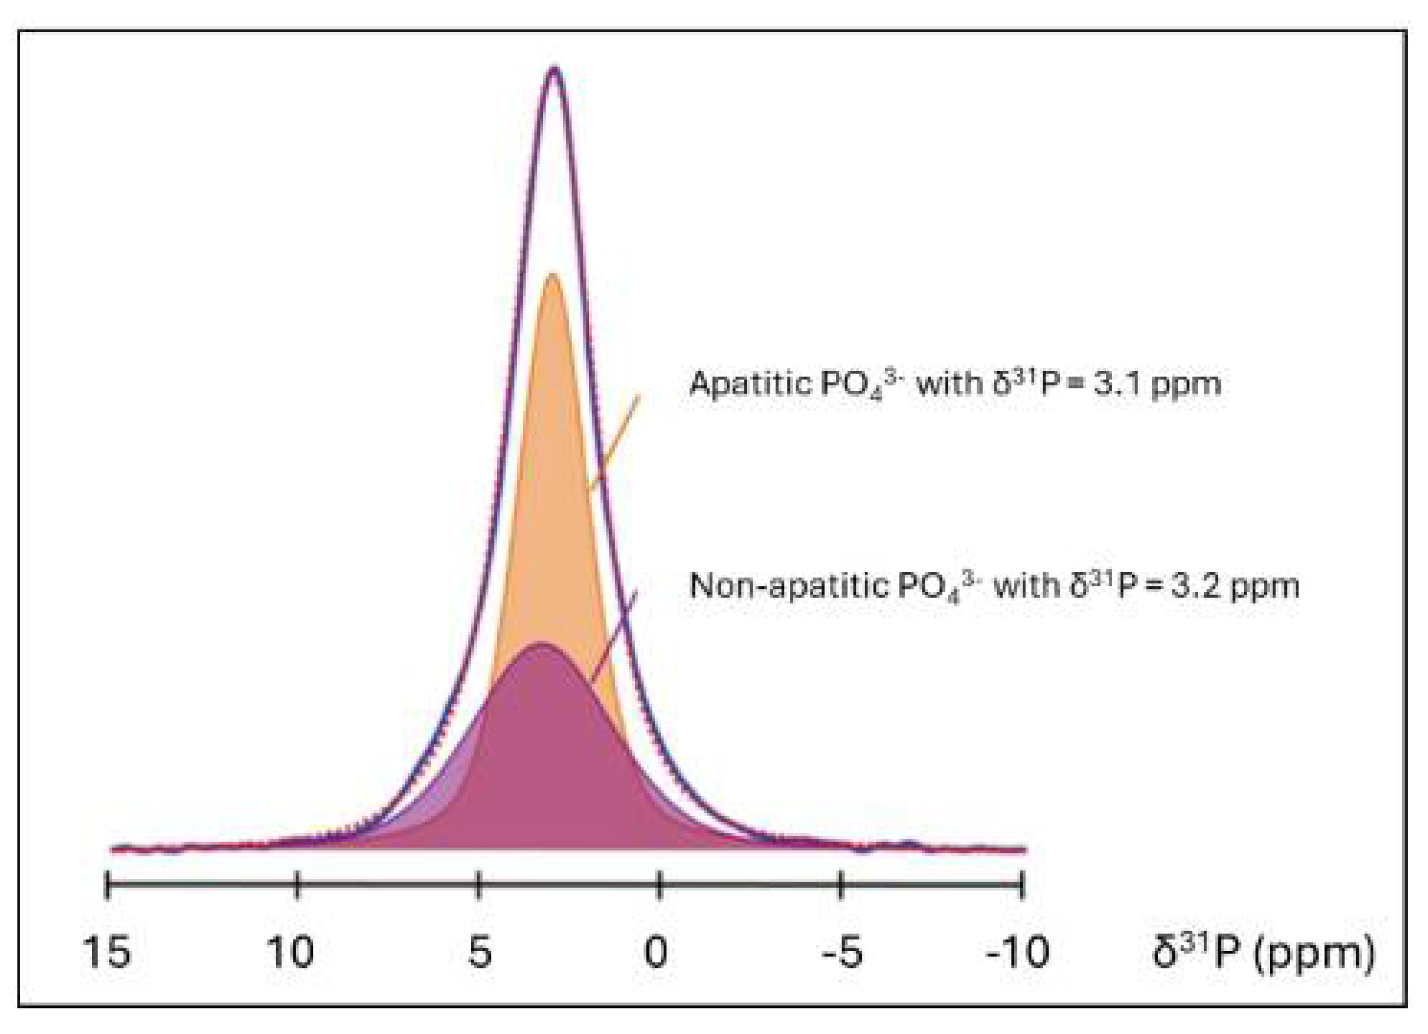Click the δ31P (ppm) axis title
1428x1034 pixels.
point(1262,952)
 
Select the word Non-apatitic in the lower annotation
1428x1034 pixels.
point(787,586)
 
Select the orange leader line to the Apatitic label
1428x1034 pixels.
point(614,442)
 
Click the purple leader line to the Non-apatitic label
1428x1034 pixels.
point(614,636)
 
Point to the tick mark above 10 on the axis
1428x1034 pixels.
point(297,884)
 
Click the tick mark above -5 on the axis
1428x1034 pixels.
point(840,884)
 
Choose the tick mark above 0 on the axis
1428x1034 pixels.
point(659,884)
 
